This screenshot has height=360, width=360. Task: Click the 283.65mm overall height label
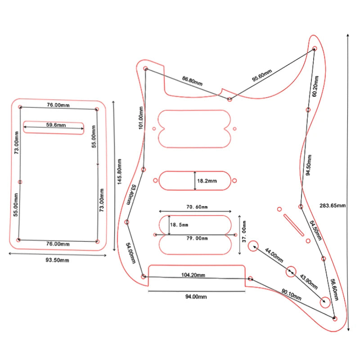coord(333,206)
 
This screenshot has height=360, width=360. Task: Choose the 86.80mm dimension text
coord(192,81)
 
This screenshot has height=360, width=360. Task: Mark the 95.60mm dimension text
coord(262,76)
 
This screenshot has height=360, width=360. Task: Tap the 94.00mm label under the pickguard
coord(196,297)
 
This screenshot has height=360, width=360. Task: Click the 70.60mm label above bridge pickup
coord(197,207)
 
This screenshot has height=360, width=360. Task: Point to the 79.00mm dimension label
coord(197,238)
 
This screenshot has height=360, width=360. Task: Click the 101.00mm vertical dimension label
coord(141,118)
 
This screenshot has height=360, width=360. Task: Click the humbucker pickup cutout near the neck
coord(194,128)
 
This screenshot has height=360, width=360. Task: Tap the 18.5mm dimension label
coord(179,225)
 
